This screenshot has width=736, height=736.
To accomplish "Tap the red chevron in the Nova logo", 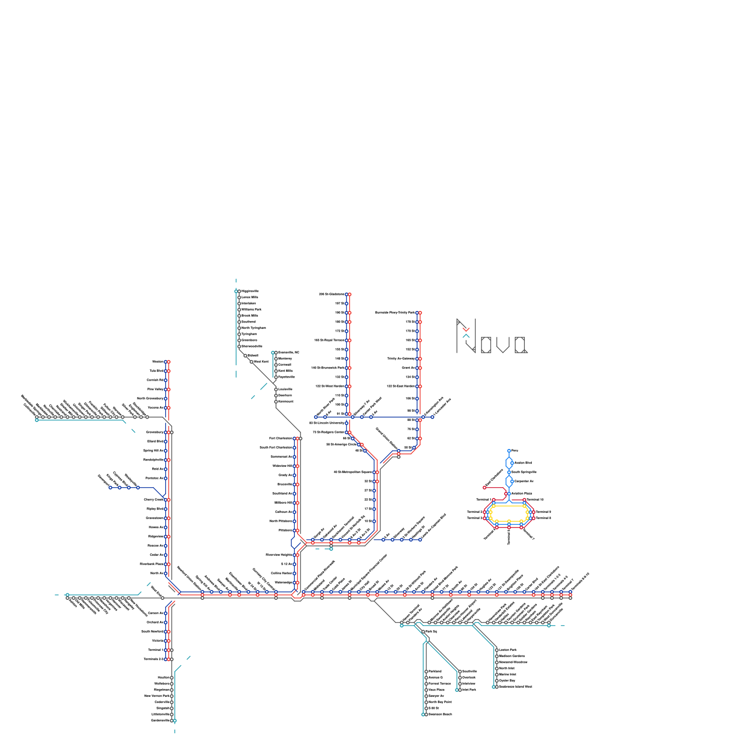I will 466,329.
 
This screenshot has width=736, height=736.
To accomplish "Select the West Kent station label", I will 261,362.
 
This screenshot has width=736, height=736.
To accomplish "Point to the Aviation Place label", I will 522,494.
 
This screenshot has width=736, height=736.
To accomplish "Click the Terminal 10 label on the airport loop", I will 535,500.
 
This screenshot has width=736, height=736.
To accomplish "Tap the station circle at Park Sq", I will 423,632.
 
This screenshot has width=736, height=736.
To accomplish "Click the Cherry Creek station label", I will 154,500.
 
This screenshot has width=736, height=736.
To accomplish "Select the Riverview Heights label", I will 279,555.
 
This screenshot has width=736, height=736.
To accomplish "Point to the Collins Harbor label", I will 282,573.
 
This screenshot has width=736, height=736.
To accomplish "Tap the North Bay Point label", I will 440,702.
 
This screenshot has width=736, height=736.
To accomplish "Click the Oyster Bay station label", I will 507,680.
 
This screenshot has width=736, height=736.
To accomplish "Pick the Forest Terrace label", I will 440,684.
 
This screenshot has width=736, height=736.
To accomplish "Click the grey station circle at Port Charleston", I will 300,438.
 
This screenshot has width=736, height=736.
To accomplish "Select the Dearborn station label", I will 285,395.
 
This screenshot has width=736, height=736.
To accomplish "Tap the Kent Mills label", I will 285,371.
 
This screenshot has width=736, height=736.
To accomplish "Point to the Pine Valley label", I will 155,389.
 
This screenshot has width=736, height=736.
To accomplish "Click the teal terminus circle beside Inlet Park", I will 457,690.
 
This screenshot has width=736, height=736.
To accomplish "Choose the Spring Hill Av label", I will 153,450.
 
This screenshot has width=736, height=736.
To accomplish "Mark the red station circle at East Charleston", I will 484,488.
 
